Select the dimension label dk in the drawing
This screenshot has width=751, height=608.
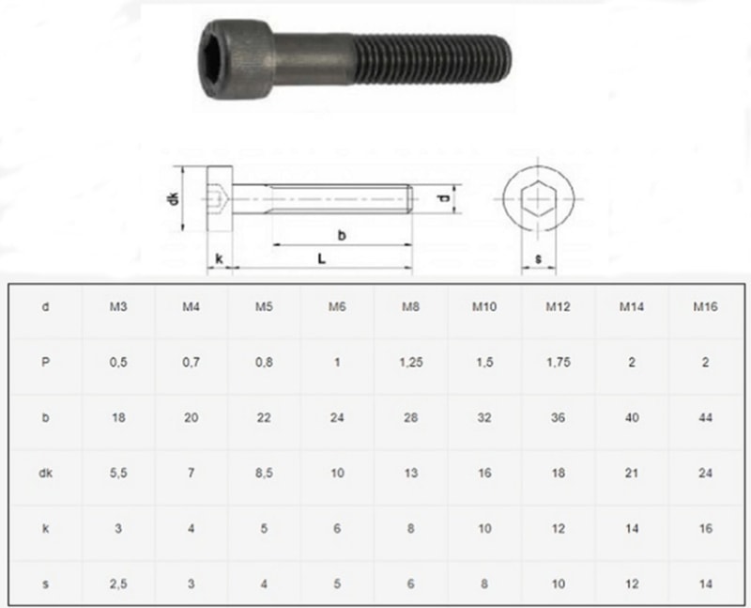174,199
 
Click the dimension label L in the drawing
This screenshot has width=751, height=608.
323,257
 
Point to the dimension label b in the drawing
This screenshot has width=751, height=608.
342,236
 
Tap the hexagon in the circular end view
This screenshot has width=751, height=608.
538,199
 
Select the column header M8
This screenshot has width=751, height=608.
410,306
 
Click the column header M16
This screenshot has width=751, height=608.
705,306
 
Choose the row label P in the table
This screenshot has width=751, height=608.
46,364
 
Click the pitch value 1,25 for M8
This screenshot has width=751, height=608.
410,364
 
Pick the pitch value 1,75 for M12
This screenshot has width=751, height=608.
559,364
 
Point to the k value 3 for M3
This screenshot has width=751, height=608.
119,529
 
